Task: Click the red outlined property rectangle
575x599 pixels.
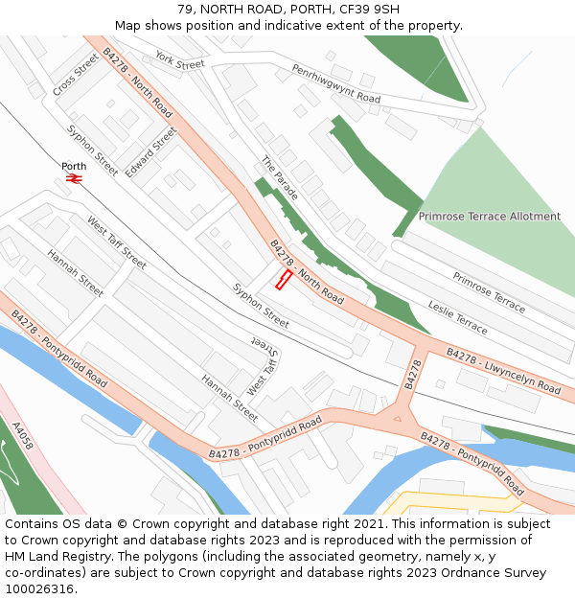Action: pyautogui.click(x=284, y=279)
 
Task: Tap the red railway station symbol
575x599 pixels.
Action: pyautogui.click(x=74, y=178)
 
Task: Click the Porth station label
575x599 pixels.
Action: pyautogui.click(x=74, y=166)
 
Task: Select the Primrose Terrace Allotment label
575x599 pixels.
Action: pyautogui.click(x=490, y=217)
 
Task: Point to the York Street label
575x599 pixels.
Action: pyautogui.click(x=180, y=60)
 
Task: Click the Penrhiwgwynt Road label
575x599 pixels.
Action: pyautogui.click(x=336, y=83)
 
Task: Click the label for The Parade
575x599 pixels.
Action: pyautogui.click(x=279, y=177)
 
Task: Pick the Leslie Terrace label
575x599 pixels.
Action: pyautogui.click(x=457, y=316)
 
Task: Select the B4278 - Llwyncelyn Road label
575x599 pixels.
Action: pyautogui.click(x=503, y=372)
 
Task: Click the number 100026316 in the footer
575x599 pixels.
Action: pyautogui.click(x=40, y=589)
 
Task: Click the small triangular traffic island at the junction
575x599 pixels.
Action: pyautogui.click(x=396, y=417)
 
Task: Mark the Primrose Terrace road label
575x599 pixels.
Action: pyautogui.click(x=489, y=292)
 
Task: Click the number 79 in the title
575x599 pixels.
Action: pyautogui.click(x=185, y=10)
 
